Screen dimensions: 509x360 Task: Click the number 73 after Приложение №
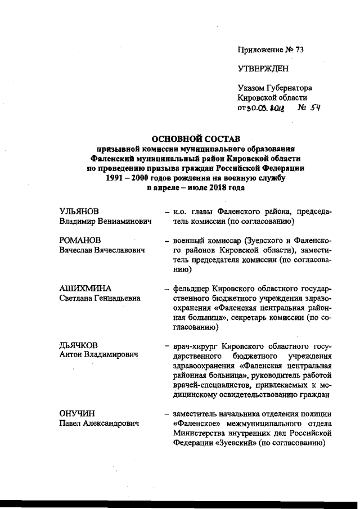pyautogui.click(x=298, y=50)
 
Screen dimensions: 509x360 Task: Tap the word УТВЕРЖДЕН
pyautogui.click(x=263, y=69)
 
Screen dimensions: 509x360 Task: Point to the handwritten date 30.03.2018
pyautogui.click(x=264, y=107)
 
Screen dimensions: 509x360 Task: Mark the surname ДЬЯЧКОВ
pyautogui.click(x=79, y=345)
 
